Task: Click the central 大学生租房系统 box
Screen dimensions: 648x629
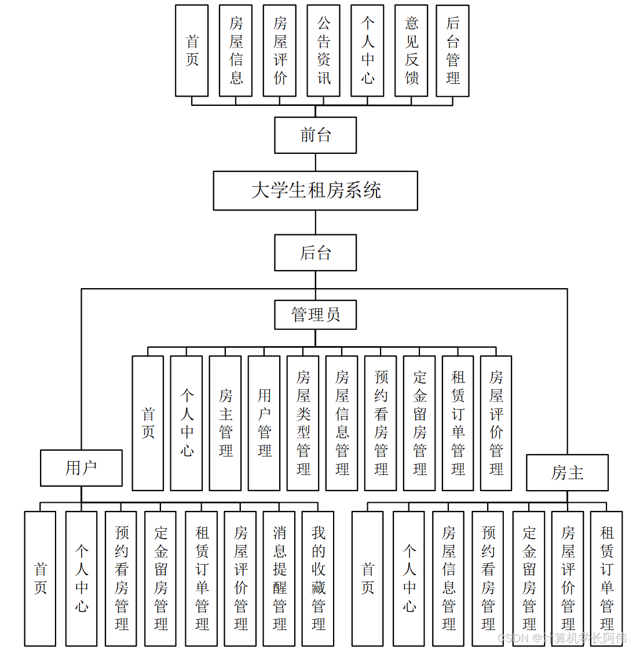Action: [x=315, y=190]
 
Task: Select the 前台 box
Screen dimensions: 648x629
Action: [x=315, y=135]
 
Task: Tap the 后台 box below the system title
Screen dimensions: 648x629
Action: [x=315, y=253]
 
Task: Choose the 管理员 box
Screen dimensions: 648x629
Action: [x=315, y=315]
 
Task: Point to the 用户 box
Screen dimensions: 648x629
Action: [x=81, y=468]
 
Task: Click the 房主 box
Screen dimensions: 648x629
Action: [x=567, y=473]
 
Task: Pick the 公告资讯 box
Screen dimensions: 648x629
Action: [x=323, y=51]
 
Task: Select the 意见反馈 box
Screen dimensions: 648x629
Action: [x=411, y=51]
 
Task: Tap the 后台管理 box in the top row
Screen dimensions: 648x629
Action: [x=452, y=51]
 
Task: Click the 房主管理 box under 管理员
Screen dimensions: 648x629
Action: [x=225, y=424]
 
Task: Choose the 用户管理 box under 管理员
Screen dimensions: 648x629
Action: [x=264, y=424]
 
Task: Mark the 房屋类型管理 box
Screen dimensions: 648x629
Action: [x=303, y=424]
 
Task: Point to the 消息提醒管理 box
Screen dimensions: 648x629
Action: [x=279, y=579]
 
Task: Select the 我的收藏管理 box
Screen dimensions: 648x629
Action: [x=318, y=579]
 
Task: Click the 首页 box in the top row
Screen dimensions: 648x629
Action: [x=192, y=51]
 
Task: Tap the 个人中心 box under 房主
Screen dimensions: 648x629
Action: [x=409, y=579]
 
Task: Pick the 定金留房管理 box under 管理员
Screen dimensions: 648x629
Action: [x=419, y=424]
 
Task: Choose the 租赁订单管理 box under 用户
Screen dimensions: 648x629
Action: [x=202, y=579]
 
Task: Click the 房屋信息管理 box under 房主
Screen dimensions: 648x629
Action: [x=448, y=579]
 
